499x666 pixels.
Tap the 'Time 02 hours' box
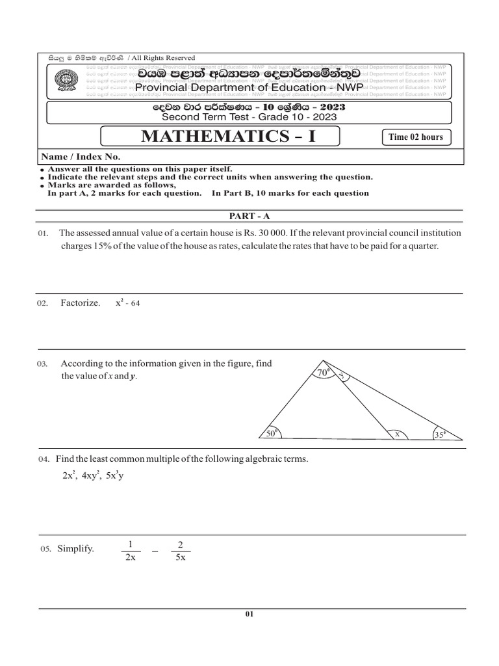click(415, 137)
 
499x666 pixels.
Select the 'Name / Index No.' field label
click(81, 157)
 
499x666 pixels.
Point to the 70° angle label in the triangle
click(323, 373)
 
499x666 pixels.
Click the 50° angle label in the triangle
click(272, 433)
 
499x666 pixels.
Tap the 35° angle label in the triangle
click(441, 435)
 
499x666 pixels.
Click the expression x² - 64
click(128, 303)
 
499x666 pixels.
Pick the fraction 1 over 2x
click(130, 550)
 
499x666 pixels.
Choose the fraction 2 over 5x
click(180, 550)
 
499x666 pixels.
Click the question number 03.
click(43, 365)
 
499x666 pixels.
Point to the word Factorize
click(81, 304)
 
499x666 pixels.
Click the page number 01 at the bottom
click(249, 615)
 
